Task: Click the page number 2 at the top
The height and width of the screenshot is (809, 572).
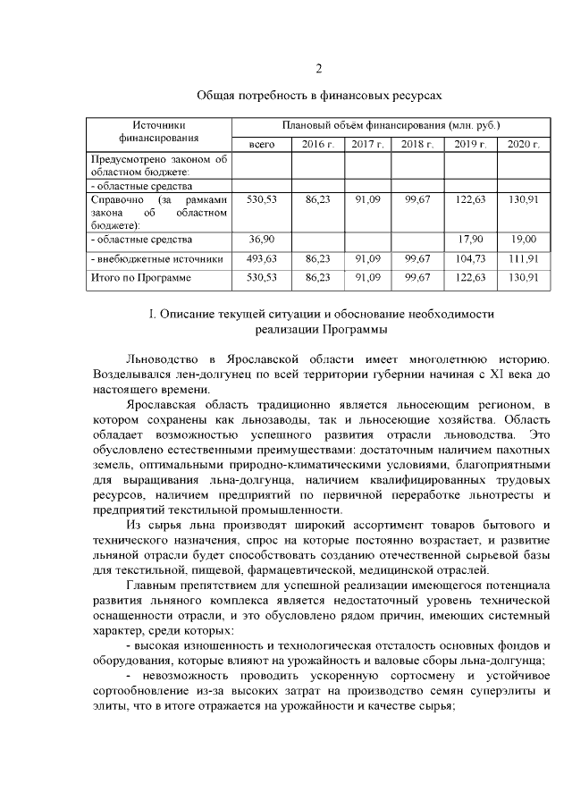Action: pyautogui.click(x=319, y=70)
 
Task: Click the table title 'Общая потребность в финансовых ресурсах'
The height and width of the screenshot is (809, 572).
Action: pyautogui.click(x=319, y=94)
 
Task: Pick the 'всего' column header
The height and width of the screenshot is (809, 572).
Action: pyautogui.click(x=262, y=144)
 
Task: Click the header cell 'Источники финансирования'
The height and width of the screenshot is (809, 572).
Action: pyautogui.click(x=158, y=132)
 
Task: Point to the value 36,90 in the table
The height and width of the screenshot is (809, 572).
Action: pyautogui.click(x=262, y=240)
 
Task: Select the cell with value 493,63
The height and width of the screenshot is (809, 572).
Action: pyautogui.click(x=262, y=258)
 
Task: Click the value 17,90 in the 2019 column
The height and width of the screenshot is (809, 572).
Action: pyautogui.click(x=471, y=240)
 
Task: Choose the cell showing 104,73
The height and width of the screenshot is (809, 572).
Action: pyautogui.click(x=471, y=258)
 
